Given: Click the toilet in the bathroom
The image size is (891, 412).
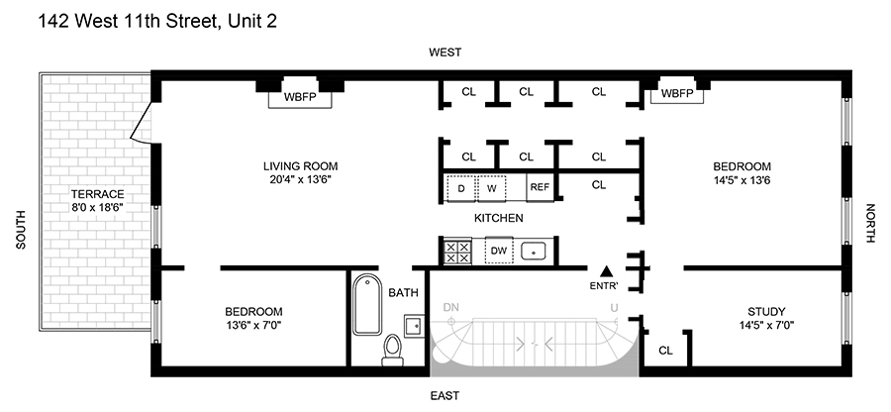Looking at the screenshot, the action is point(393,350).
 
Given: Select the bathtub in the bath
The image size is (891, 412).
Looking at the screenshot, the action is point(367,306).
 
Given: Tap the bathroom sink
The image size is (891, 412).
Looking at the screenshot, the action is point(414,326).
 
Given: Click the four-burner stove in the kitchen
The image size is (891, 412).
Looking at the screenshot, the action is point(457,252).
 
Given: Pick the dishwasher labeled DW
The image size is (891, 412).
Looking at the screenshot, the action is point(499,251).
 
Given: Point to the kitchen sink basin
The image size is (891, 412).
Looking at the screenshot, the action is point(534,251).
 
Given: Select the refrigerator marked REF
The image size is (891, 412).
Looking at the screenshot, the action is point(540,187).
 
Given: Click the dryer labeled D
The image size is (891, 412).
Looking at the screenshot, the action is point(460,188).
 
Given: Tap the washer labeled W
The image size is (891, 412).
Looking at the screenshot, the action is point(491,188).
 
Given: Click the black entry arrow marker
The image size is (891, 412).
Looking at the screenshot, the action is point(607,271).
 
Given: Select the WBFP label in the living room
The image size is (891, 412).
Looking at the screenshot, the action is point(300,97).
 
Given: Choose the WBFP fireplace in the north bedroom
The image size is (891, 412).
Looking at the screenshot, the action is point(678,93).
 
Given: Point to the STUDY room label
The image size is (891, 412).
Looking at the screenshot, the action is point(766,311).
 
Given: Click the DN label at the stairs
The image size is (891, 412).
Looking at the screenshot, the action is point(450,307).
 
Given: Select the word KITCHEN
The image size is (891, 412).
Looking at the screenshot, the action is point(499,218).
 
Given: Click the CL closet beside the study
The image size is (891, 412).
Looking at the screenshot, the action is point(665,351).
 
